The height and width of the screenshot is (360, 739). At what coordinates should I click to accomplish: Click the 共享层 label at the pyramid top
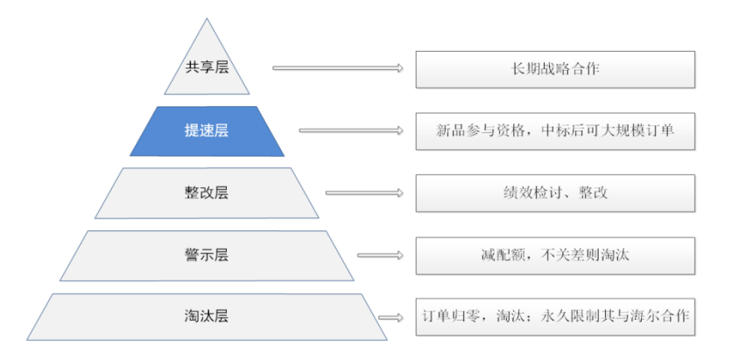tap(207, 68)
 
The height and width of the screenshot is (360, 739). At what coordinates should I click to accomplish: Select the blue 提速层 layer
tap(207, 131)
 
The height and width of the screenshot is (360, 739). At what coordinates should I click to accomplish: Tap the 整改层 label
tap(207, 194)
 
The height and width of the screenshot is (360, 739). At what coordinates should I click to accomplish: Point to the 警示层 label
tap(207, 256)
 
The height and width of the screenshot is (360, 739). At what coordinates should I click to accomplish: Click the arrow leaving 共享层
tap(338, 67)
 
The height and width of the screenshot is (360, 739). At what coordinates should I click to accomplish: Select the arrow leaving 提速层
tap(351, 130)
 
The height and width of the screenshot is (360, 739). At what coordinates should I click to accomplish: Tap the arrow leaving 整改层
tap(364, 193)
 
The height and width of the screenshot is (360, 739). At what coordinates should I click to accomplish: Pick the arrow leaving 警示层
tap(380, 256)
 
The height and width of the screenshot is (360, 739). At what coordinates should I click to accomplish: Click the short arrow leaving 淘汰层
tap(391, 318)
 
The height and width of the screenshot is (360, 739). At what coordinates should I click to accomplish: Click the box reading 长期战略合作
tap(555, 69)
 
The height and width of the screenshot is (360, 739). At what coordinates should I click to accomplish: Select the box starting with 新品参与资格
tap(555, 131)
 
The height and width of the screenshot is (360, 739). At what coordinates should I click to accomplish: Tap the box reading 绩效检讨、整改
tap(555, 194)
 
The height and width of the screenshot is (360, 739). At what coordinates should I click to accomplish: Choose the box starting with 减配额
tap(555, 256)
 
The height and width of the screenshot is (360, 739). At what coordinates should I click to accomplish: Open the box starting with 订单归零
tap(555, 317)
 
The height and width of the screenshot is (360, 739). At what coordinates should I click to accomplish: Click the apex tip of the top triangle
tap(207, 18)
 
